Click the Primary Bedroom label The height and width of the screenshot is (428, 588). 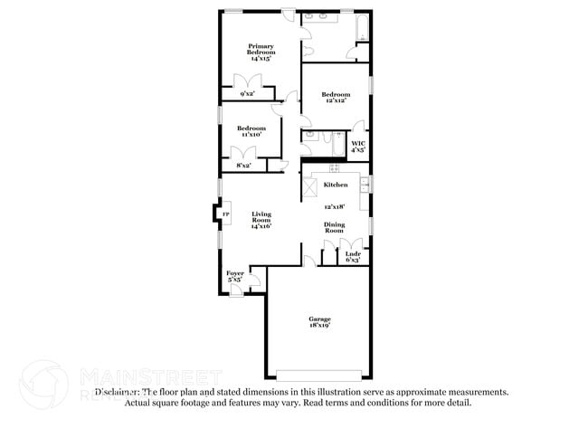click(x=261, y=49)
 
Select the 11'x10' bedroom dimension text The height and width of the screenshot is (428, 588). click(x=251, y=135)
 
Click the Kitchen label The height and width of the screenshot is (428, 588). click(x=336, y=185)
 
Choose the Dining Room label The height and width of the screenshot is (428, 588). click(x=335, y=227)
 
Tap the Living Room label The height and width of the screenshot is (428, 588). click(x=261, y=217)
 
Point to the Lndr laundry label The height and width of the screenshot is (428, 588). click(x=353, y=254)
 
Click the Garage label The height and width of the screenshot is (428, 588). click(x=319, y=319)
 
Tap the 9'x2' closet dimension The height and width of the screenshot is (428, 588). click(x=247, y=93)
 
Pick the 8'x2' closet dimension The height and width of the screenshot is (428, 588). click(x=243, y=166)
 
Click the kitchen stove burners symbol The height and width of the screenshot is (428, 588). click(x=334, y=167)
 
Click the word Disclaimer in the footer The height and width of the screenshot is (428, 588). click(x=119, y=392)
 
